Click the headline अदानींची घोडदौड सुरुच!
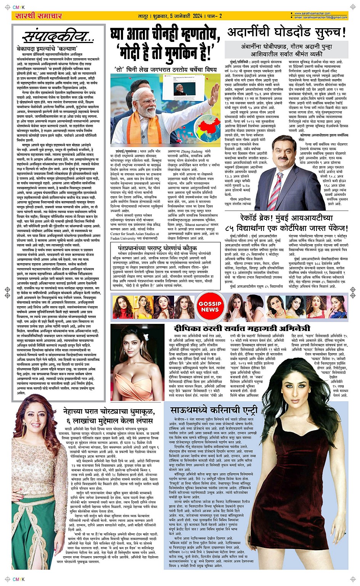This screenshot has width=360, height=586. [x=287, y=33]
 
